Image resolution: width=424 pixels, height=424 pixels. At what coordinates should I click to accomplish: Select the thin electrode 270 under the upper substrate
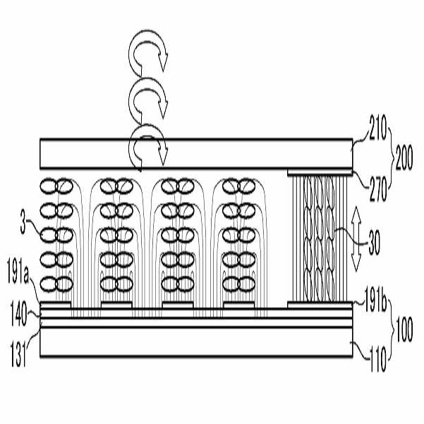pyautogui.click(x=320, y=171)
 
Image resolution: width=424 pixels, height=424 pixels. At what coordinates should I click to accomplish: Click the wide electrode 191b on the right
pyautogui.click(x=320, y=307)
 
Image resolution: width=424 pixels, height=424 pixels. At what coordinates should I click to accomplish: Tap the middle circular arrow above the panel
pyautogui.click(x=147, y=99)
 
